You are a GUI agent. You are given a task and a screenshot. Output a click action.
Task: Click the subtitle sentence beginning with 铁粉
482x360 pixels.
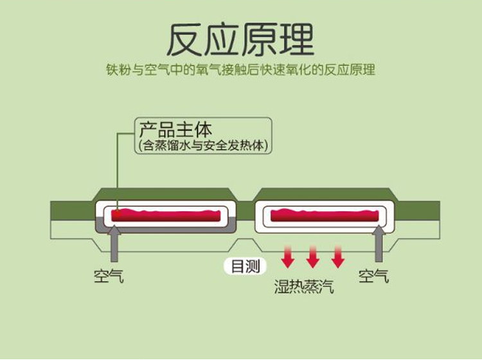point(240,70)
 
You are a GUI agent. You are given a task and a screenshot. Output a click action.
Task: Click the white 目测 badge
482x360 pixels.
point(245,266)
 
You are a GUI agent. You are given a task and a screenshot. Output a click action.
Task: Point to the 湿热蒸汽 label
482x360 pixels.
point(304,287)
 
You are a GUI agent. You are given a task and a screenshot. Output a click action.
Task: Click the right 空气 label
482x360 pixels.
point(373,276)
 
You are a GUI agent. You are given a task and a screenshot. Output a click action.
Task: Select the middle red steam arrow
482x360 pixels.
point(313,257)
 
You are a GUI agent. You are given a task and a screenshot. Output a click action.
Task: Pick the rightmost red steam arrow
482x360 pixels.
point(338,257)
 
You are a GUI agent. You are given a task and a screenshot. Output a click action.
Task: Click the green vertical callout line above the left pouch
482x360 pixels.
point(118,167)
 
